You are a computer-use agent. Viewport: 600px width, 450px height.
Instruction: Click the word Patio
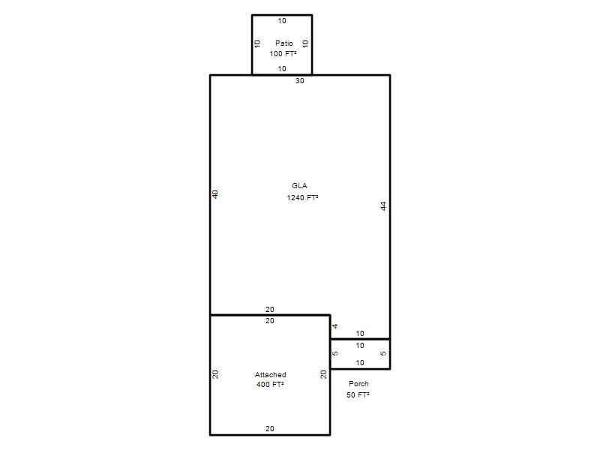284,43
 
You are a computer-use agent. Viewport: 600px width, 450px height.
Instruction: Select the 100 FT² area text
283,53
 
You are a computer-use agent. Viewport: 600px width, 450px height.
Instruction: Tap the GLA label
299,185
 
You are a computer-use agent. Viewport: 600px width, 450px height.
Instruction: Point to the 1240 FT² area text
303,197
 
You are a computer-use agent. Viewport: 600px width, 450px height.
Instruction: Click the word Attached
271,374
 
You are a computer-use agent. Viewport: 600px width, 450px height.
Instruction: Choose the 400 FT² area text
270,384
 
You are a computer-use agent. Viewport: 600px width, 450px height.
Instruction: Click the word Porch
358,383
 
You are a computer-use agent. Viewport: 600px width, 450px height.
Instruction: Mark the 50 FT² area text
358,395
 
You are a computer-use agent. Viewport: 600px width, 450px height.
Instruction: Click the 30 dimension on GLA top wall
299,81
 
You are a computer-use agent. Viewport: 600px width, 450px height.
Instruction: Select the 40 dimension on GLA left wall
215,194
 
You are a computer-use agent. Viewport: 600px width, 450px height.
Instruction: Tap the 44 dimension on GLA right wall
383,205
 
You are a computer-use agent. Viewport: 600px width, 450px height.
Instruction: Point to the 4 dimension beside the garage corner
335,326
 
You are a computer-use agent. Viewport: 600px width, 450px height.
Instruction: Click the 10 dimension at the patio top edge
282,21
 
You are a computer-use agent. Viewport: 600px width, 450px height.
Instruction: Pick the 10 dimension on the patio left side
257,43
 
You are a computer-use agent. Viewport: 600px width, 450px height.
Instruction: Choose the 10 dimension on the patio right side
305,43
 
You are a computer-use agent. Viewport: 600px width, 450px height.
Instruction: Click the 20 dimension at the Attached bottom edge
270,428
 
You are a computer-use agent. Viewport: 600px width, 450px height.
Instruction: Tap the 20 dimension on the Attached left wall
215,374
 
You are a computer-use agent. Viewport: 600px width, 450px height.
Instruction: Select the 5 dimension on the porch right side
383,353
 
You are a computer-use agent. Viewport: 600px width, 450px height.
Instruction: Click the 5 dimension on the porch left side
335,353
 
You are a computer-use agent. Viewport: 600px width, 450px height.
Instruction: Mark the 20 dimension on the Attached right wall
324,374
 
